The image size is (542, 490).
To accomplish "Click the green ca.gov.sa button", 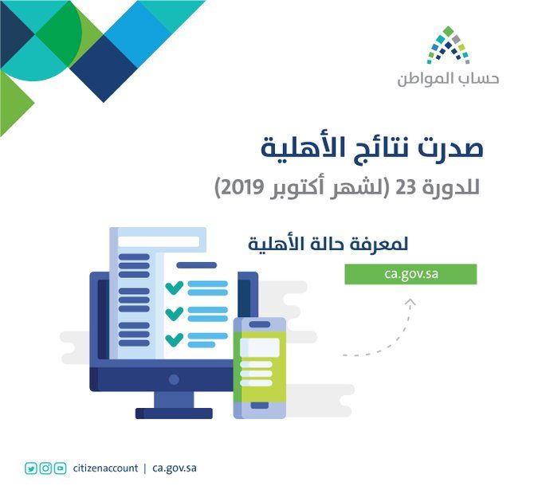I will pos(410,275).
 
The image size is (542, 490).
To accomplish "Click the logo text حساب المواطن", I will pos(448,80).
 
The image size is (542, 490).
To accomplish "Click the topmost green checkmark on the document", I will pos(174,287).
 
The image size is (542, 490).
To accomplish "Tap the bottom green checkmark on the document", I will pos(174,339).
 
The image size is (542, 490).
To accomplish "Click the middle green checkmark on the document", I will pos(174,313).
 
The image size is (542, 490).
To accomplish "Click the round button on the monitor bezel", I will pos(174,379).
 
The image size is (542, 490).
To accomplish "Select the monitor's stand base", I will pos(174,413).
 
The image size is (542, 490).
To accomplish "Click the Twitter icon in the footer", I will pos(31,468).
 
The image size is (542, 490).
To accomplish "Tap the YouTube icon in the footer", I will pos(60,468).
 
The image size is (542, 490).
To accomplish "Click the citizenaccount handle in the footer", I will pos(104,468).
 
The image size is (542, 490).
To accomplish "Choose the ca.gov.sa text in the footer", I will pos(174,468).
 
